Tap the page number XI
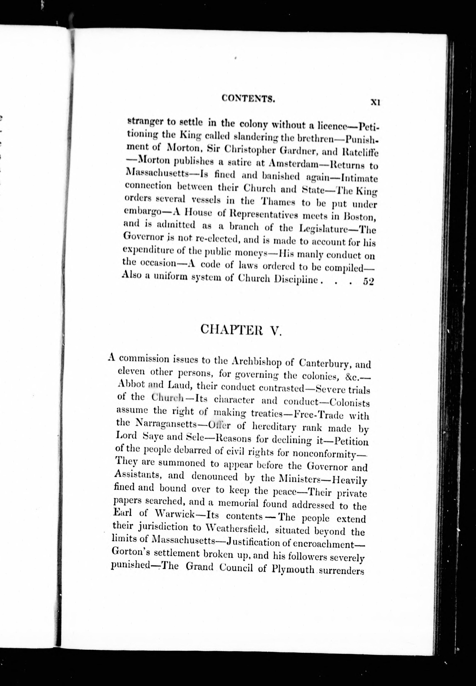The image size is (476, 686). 374,102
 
